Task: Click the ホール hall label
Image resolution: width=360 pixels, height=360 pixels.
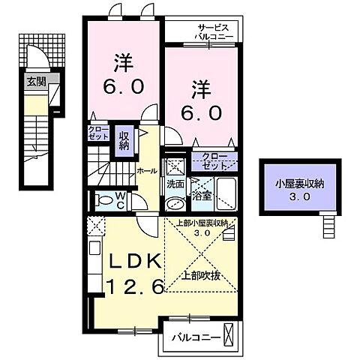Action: click(146, 171)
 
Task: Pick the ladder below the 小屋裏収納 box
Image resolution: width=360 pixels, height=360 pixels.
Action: click(327, 223)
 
